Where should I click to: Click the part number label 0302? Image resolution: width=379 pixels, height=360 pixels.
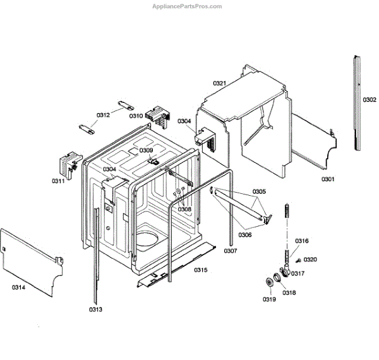(x=370, y=100)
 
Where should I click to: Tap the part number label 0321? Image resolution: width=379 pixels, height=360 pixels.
(x=219, y=83)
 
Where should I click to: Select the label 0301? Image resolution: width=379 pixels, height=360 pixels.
(x=327, y=180)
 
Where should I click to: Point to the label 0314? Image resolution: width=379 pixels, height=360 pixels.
(x=19, y=287)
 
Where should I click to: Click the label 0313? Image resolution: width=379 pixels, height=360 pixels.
(x=95, y=309)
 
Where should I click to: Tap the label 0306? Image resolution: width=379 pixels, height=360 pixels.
(x=245, y=235)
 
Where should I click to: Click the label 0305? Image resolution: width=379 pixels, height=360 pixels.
(x=260, y=191)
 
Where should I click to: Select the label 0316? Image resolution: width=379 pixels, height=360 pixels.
(x=302, y=241)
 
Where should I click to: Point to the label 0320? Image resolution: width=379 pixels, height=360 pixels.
(x=310, y=260)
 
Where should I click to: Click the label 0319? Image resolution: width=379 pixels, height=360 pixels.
(x=270, y=299)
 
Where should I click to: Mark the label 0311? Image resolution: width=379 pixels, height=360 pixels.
(x=58, y=182)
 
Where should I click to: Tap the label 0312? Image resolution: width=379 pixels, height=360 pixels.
(x=103, y=115)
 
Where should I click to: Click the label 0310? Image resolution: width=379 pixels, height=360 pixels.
(x=136, y=116)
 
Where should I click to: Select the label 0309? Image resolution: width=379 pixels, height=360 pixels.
(x=146, y=150)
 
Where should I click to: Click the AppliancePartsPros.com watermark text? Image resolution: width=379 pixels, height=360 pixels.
(x=188, y=6)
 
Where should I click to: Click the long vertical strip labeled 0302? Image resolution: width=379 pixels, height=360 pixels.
(x=358, y=101)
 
